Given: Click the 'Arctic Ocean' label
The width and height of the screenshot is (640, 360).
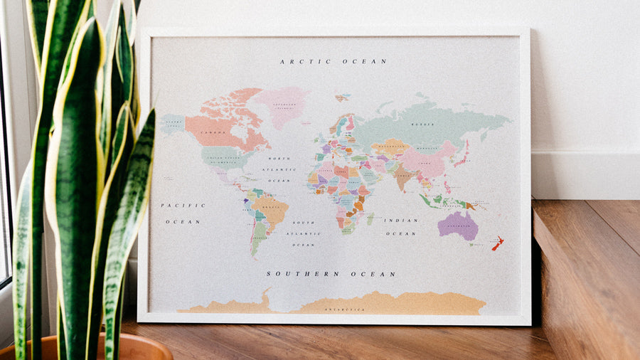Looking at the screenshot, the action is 334,62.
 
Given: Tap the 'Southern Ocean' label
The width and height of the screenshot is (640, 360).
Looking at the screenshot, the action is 331,273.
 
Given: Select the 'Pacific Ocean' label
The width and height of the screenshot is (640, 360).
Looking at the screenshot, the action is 183,213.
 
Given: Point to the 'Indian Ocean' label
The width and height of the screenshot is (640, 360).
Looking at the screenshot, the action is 401,226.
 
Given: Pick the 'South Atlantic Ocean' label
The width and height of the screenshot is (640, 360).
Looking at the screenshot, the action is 303,233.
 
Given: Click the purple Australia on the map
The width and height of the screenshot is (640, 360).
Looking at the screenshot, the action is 457,225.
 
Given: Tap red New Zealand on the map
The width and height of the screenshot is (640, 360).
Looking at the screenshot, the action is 498,243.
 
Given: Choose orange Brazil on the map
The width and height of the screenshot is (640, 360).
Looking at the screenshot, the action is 271,208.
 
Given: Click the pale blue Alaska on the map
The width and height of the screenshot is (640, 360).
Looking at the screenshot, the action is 172,124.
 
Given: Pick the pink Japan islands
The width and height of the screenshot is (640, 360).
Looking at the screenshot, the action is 464,152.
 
